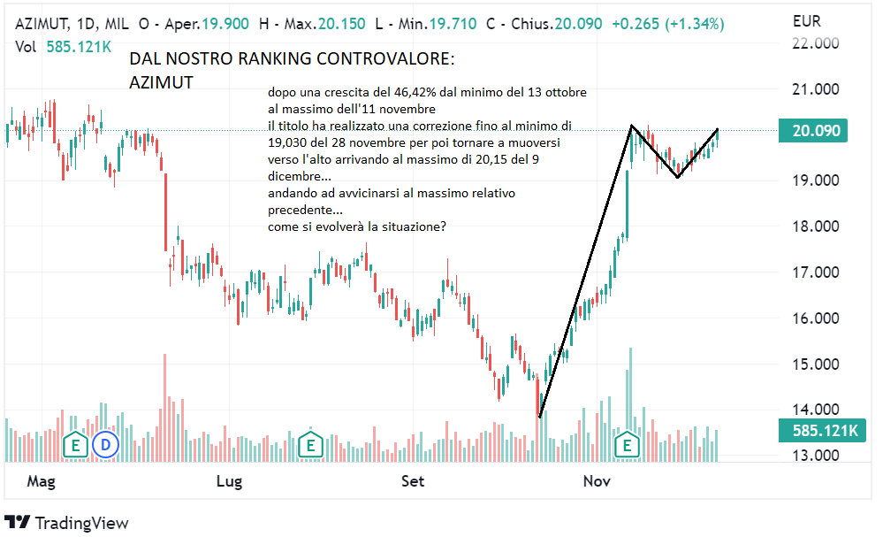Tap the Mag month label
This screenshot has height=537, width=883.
pyautogui.click(x=41, y=481)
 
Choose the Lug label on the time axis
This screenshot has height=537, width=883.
pyautogui.click(x=229, y=481)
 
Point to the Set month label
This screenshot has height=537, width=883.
pyautogui.click(x=412, y=481)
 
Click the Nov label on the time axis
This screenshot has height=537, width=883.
pyautogui.click(x=598, y=481)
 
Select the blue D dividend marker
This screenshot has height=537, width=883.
pyautogui.click(x=107, y=443)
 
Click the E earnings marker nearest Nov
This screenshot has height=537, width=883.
pyautogui.click(x=628, y=443)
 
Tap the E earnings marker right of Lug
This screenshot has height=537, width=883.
pyautogui.click(x=310, y=443)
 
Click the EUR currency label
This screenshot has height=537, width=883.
pyautogui.click(x=807, y=19)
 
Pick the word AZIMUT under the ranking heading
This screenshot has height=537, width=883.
pyautogui.click(x=161, y=82)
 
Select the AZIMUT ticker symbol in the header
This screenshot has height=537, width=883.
pyautogui.click(x=47, y=23)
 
